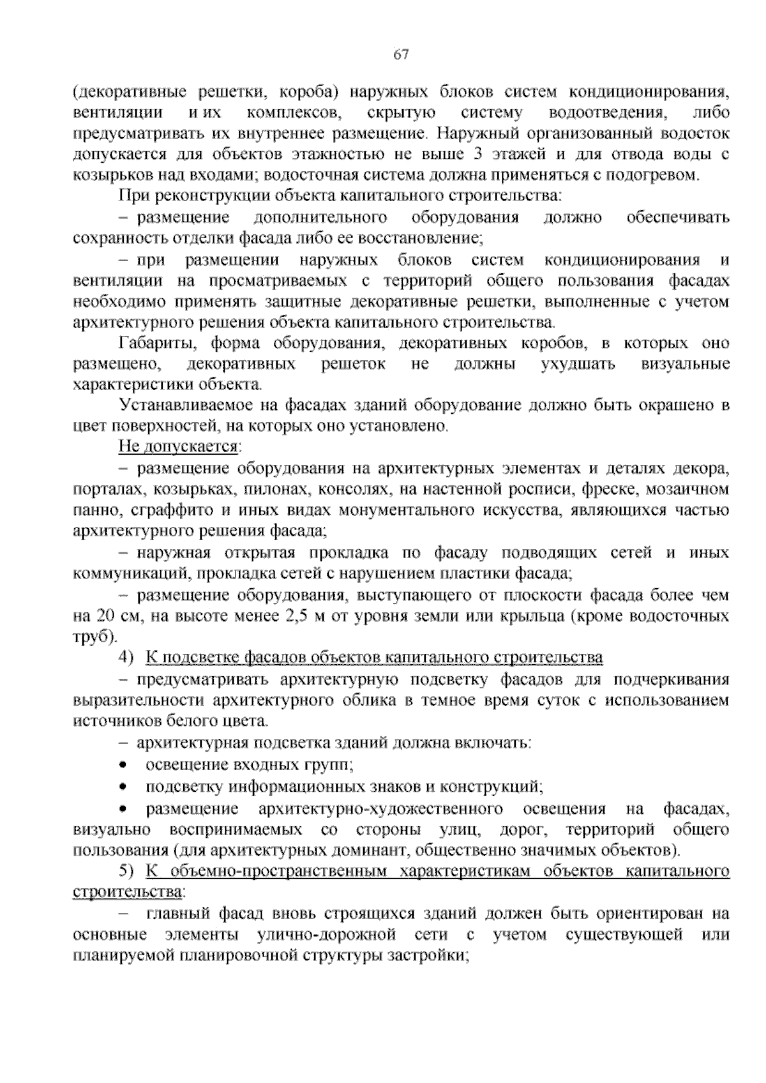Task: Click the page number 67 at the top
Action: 401,55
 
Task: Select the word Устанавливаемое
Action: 184,406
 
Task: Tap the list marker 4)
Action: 127,658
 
